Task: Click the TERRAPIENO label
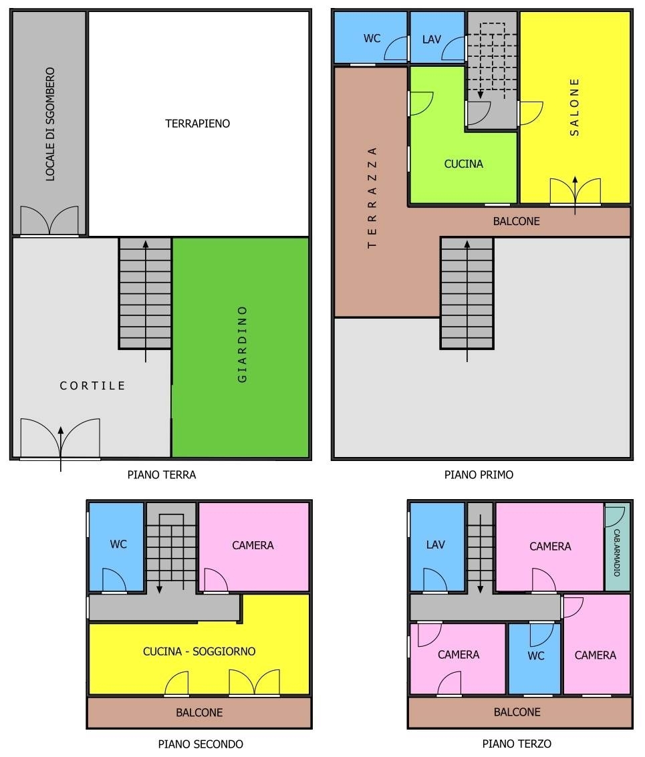point(198,124)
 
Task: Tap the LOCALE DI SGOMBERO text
point(50,124)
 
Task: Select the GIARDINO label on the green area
point(243,344)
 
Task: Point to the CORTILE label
point(92,386)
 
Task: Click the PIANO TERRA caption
point(162,475)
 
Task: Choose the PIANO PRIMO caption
point(479,475)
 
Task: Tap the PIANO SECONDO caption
point(201,744)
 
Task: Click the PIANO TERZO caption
point(517,744)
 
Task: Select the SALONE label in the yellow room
point(574,107)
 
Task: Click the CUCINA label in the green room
point(464,164)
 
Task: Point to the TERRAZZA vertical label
point(372,198)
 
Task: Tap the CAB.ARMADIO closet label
point(617,553)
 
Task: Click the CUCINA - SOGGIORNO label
point(199,651)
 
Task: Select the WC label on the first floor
point(372,39)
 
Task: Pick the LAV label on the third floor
point(435,545)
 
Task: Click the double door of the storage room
point(49,220)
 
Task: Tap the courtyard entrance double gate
point(60,439)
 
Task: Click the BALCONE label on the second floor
point(200,713)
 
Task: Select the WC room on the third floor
point(535,659)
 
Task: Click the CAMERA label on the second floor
point(253,546)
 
